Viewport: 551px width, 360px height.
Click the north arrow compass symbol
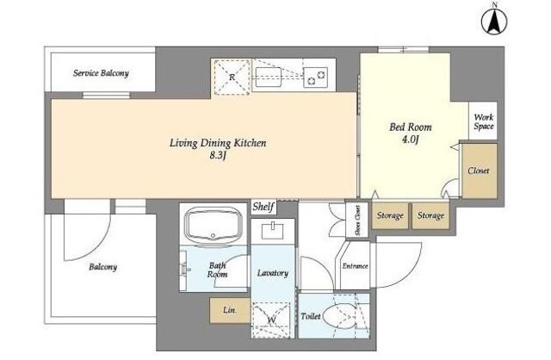pyautogui.click(x=494, y=21)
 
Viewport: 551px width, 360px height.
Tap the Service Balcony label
pyautogui.click(x=101, y=73)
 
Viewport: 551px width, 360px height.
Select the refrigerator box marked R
pyautogui.click(x=232, y=77)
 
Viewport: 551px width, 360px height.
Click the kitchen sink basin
pyautogui.click(x=268, y=77)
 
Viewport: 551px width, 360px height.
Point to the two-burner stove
pyautogui.click(x=316, y=78)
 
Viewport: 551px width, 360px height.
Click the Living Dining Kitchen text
pyautogui.click(x=218, y=143)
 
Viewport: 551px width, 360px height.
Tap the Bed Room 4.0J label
pyautogui.click(x=411, y=133)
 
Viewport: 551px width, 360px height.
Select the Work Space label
pyautogui.click(x=484, y=121)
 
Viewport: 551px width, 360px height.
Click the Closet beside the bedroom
pyautogui.click(x=480, y=171)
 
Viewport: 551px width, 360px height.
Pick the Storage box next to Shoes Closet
pyautogui.click(x=390, y=215)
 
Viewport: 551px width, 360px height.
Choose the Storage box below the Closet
pyautogui.click(x=430, y=215)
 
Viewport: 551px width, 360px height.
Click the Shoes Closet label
pyautogui.click(x=358, y=220)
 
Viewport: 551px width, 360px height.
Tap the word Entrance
pyautogui.click(x=355, y=266)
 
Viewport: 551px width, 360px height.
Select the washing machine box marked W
pyautogui.click(x=272, y=320)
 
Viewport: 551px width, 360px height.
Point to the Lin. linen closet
pyautogui.click(x=230, y=310)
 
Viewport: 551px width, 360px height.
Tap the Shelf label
pyautogui.click(x=263, y=207)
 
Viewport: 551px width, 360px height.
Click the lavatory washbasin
pyautogui.click(x=273, y=231)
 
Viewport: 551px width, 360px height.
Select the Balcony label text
pyautogui.click(x=102, y=267)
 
